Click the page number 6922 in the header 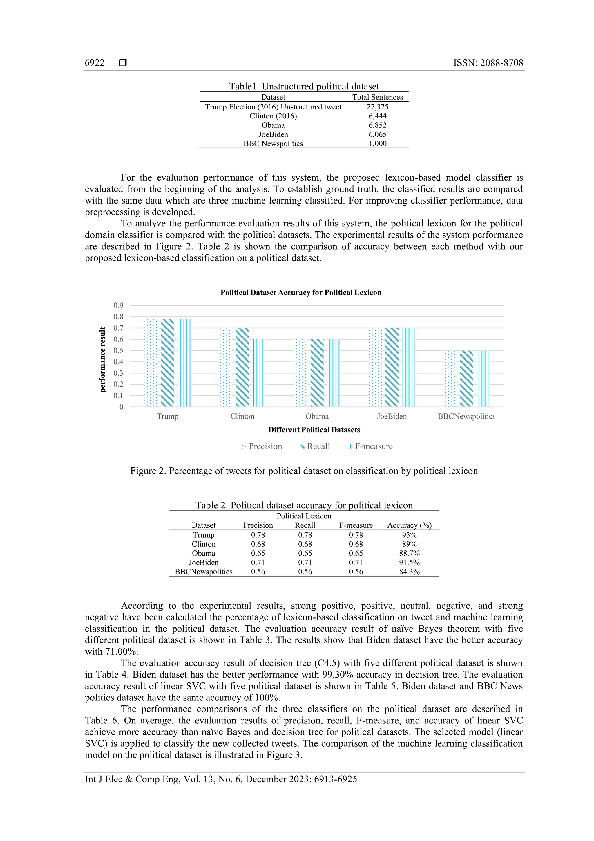point(95,63)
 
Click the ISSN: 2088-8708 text point(488,63)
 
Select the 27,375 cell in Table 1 point(377,107)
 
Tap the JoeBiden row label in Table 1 point(273,134)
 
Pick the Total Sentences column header point(377,97)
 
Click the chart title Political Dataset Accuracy point(300,293)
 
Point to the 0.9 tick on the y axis point(118,305)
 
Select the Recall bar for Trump point(168,363)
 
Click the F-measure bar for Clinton point(258,373)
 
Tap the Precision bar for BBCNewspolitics point(450,379)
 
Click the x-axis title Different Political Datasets point(314,430)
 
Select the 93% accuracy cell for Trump point(409,535)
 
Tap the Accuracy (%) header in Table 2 point(409,526)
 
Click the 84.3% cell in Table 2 point(409,572)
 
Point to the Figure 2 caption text point(304,471)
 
